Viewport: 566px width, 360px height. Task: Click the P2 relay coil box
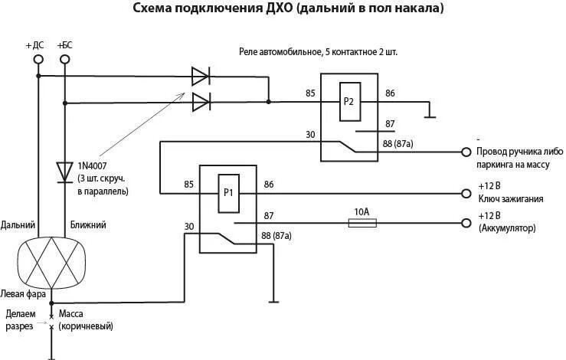(x=348, y=100)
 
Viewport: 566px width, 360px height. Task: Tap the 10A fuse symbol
(x=362, y=223)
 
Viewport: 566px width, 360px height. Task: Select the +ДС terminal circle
(x=37, y=60)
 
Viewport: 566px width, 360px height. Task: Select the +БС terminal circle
(x=64, y=60)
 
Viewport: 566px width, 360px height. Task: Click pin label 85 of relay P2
(x=310, y=93)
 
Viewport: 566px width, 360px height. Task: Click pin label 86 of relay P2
(x=390, y=93)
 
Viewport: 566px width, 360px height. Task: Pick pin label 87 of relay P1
(x=268, y=217)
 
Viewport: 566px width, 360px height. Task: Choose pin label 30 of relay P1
(x=189, y=226)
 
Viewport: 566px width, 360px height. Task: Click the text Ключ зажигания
(x=510, y=198)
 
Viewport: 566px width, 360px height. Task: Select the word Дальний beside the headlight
(x=18, y=225)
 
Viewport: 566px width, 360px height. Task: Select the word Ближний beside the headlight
(x=89, y=225)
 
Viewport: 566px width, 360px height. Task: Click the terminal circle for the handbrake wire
(x=464, y=151)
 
